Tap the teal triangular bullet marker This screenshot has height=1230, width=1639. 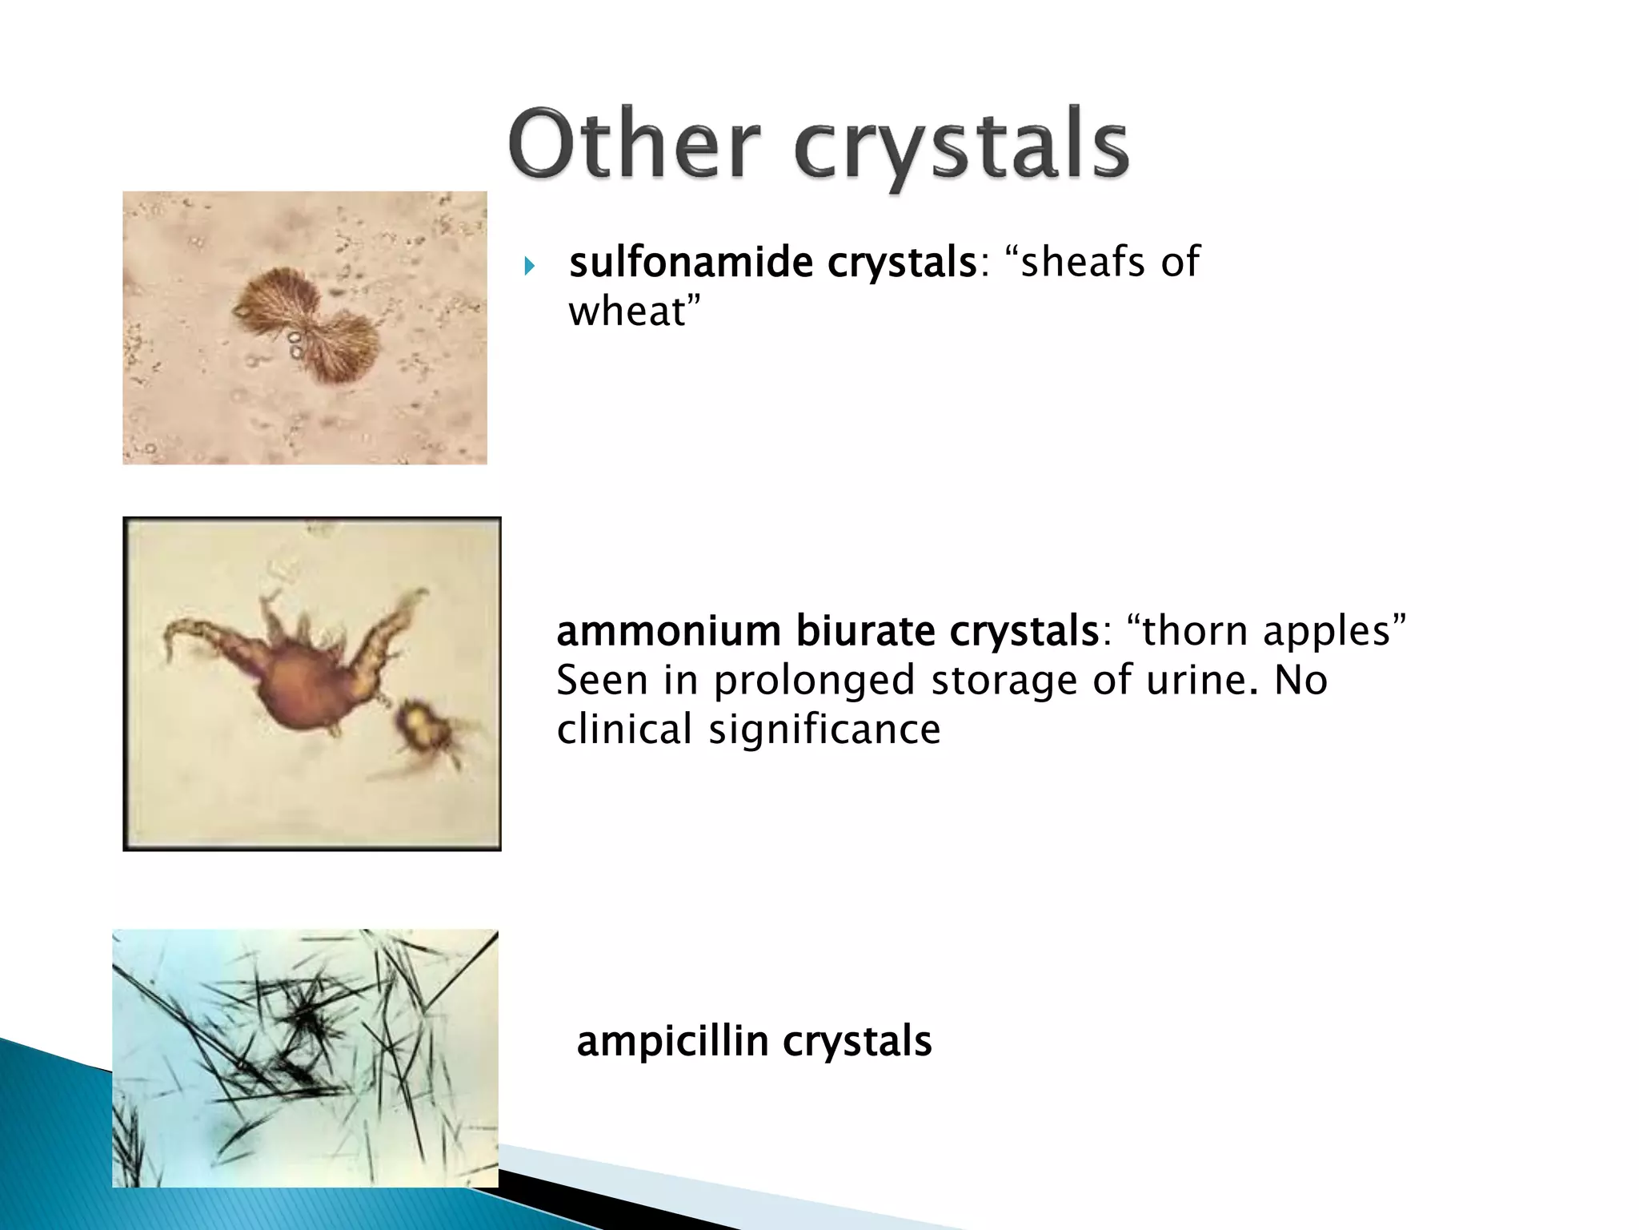529,266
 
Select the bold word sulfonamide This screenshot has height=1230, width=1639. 692,262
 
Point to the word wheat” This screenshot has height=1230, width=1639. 634,312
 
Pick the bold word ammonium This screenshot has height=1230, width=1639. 668,631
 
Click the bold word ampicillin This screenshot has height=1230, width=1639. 671,1042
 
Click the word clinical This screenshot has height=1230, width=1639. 624,730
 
